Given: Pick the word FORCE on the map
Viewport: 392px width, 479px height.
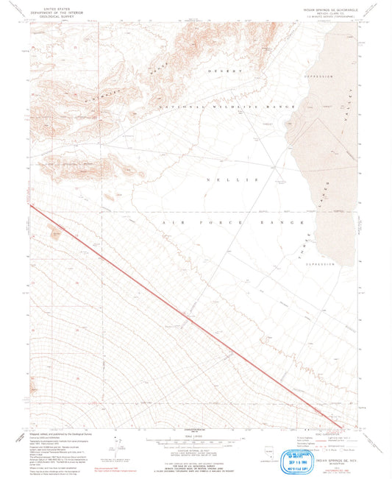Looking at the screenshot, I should [x=227, y=221].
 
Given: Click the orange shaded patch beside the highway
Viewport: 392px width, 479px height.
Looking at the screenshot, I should [x=56, y=234].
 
